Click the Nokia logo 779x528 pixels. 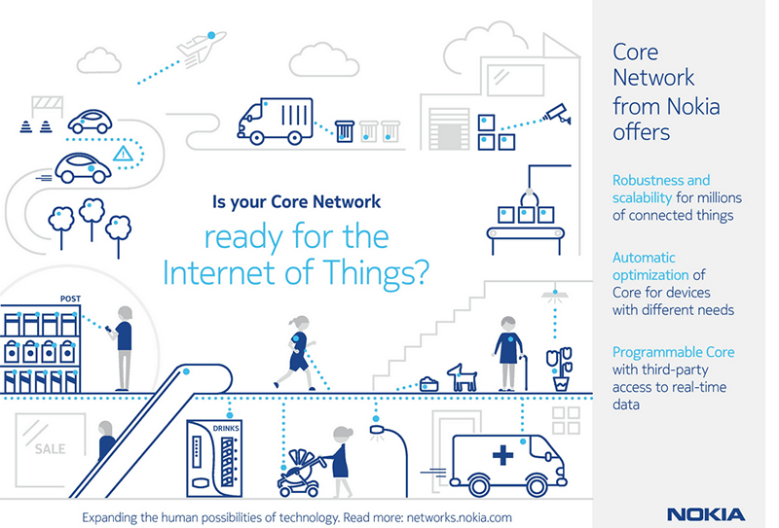706,513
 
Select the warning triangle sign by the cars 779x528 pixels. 123,154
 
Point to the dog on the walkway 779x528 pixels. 462,376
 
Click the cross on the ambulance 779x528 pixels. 502,455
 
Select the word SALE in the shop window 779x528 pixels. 51,450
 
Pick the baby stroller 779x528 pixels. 305,470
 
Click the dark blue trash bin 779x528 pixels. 344,130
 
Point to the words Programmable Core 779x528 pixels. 673,352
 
